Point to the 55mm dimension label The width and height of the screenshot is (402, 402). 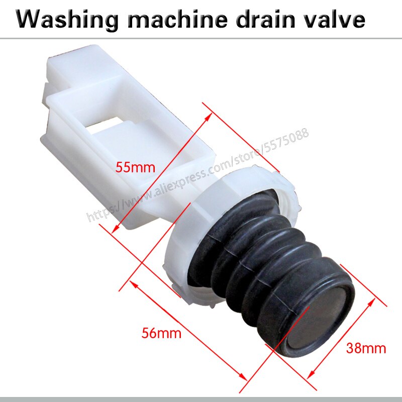133,167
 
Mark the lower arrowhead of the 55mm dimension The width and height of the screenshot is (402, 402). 113,231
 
